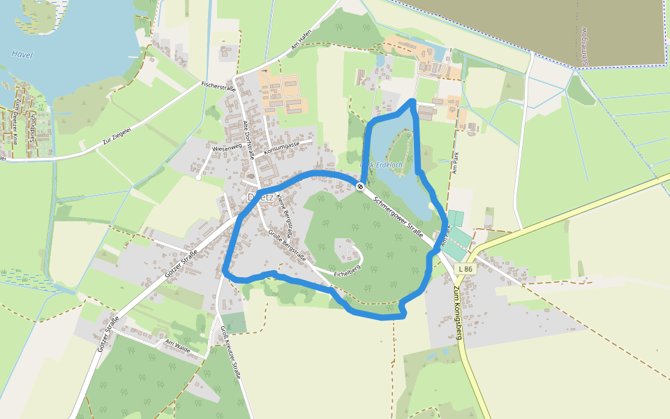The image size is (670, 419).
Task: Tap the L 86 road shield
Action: tap(465, 269)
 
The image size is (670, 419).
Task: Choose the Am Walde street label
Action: tap(178, 346)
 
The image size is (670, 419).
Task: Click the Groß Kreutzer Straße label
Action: tap(230, 352)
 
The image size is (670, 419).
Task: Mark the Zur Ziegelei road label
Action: tap(116, 132)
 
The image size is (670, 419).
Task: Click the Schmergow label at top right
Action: tap(585, 47)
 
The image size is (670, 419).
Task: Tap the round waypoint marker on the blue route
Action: tap(359, 186)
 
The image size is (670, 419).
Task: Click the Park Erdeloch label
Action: tap(381, 165)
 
